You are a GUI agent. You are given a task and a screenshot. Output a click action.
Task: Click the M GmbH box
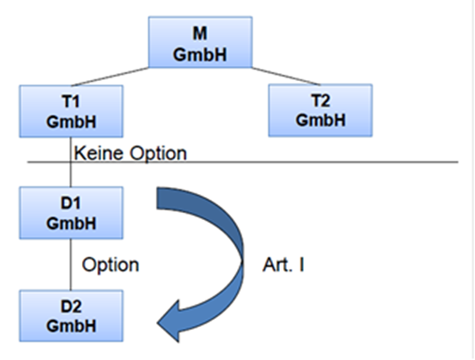coord(201,42)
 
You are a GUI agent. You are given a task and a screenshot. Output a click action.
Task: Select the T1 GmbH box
coord(71,111)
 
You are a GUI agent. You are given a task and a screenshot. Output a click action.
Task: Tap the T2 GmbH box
coord(320,110)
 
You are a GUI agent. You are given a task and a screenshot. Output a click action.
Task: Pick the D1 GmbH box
coord(71,213)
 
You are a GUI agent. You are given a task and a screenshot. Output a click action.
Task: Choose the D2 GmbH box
coord(71,315)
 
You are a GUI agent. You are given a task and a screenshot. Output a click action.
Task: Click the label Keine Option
coord(130,153)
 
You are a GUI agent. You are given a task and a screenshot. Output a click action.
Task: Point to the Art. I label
coord(283,265)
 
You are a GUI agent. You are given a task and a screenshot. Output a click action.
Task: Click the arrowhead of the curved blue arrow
coord(168,322)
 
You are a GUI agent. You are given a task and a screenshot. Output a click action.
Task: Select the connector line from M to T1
coord(110,77)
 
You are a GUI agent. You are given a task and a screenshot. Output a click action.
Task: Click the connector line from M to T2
coord(286,76)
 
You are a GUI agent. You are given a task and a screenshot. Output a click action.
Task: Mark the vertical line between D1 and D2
coord(70,265)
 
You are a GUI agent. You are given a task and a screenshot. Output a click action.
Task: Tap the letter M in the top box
coord(200,33)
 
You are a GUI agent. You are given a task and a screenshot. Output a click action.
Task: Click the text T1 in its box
coord(71,101)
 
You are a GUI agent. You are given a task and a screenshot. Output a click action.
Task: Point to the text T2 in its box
coord(321,100)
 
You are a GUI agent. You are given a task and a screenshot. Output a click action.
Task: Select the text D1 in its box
coord(71,203)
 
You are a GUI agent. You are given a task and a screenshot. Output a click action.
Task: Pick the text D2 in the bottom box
coord(71,307)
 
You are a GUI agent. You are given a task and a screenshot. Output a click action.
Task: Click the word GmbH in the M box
coord(200,55)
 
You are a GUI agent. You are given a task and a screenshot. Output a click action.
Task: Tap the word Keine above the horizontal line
coord(100,152)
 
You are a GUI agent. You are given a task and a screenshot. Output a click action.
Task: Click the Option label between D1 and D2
coord(111,266)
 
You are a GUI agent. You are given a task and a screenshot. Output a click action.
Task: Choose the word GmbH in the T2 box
coord(321,120)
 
